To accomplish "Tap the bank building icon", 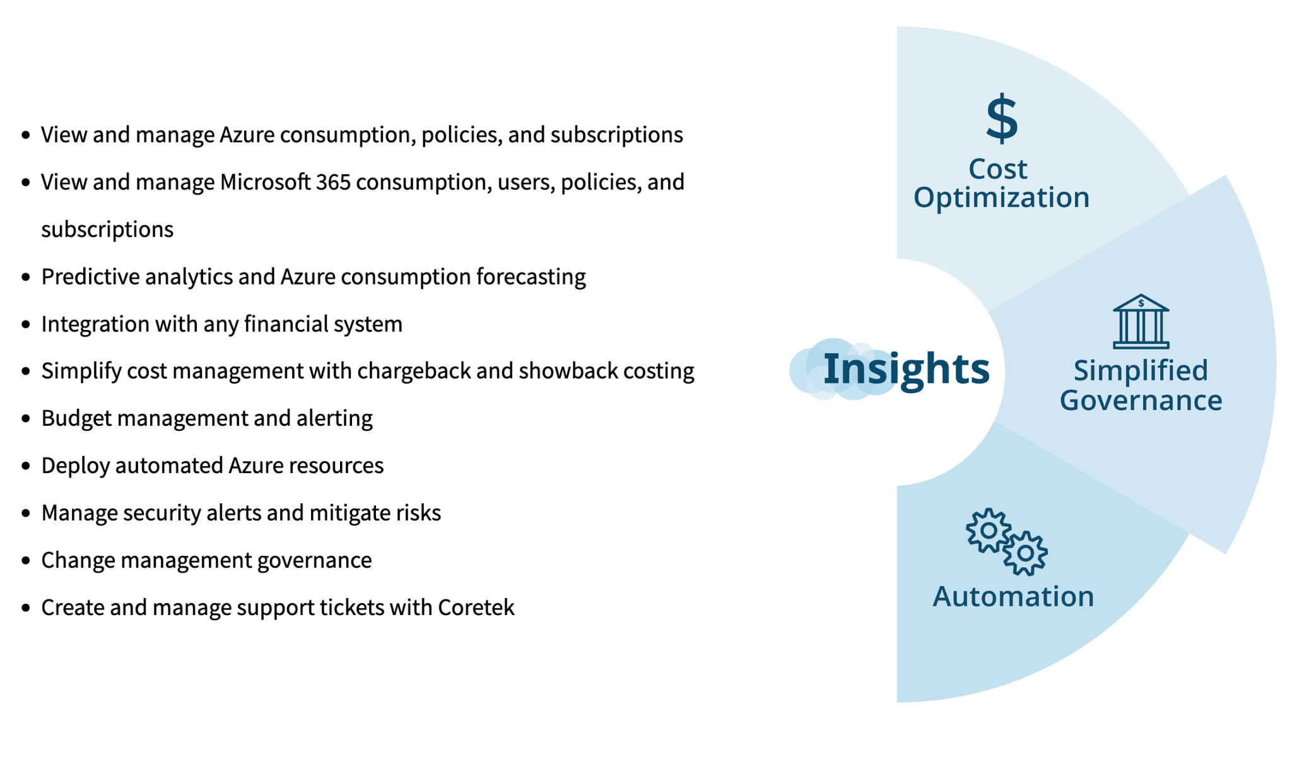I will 1141,321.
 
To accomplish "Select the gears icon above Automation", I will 1007,541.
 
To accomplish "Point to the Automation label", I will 1013,596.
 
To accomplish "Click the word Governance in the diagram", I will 1141,401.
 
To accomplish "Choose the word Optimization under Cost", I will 1001,197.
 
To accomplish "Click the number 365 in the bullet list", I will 333,182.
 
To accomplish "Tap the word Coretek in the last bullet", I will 476,607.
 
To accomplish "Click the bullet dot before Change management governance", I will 26,560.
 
